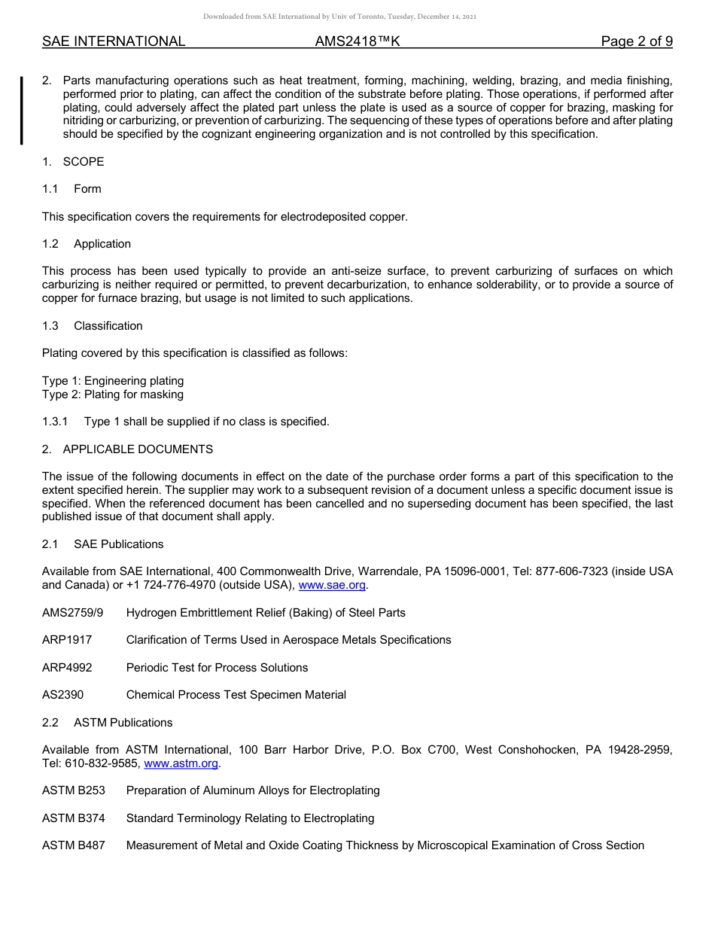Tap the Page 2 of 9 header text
point(636,41)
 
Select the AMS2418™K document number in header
point(357,41)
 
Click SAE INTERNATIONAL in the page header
point(114,41)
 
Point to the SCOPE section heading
point(83,162)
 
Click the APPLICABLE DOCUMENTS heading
point(138,449)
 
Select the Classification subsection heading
point(108,326)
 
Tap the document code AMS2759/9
point(73,613)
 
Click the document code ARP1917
point(67,640)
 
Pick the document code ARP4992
point(67,668)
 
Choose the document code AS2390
point(63,695)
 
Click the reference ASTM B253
point(74,790)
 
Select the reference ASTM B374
point(74,818)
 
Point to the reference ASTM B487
point(74,845)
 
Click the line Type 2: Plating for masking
point(113,394)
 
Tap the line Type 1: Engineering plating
point(113,381)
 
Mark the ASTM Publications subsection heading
point(123,723)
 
